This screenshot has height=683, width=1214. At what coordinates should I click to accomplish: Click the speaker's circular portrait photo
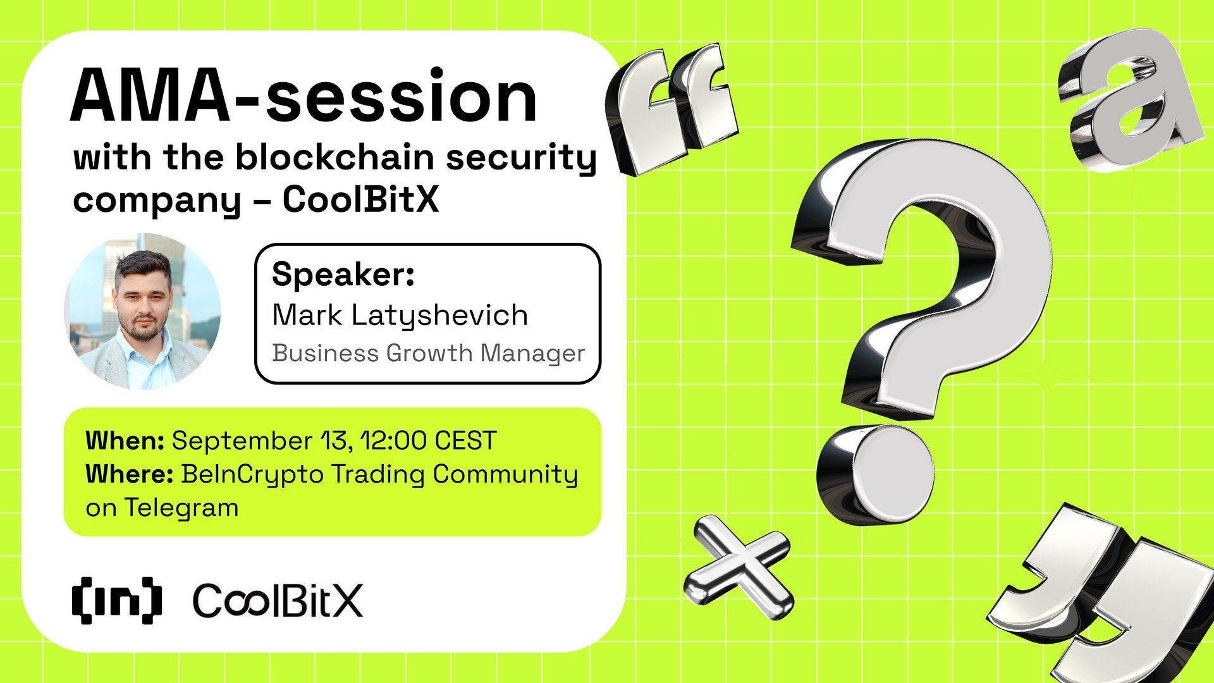[143, 311]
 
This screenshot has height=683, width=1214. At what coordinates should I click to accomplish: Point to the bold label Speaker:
[343, 275]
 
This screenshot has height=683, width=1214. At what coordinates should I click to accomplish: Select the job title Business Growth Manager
[428, 353]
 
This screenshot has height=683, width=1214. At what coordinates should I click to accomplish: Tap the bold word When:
[125, 441]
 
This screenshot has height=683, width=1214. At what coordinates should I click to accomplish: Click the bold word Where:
[129, 474]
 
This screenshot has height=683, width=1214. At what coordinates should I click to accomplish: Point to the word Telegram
[181, 508]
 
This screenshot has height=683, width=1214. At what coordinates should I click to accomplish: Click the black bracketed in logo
[116, 600]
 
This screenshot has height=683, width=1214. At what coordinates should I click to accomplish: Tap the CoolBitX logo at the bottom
[278, 601]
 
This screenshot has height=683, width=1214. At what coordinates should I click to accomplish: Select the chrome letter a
[1132, 101]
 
